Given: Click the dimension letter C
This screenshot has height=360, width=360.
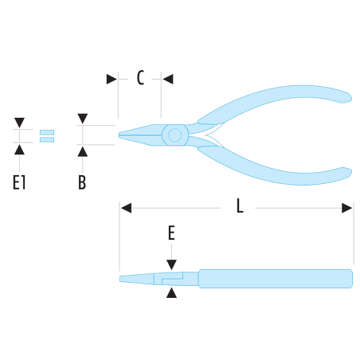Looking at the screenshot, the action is [140, 78].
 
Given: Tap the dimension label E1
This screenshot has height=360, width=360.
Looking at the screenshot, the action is [19, 182].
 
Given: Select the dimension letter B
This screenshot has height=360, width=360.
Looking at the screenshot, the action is [82, 182].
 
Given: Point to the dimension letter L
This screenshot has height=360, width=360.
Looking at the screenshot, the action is [240, 206].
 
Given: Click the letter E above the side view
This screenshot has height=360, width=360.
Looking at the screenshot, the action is [171, 233].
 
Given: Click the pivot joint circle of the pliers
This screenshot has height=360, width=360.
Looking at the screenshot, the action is [174, 135].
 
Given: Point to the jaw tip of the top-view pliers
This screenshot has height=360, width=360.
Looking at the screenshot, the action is [119, 135].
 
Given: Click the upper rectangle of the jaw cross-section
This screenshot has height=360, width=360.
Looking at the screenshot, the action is [47, 132].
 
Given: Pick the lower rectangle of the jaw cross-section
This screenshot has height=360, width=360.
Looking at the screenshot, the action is [47, 139].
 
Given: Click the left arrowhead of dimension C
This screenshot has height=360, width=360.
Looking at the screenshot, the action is [112, 79].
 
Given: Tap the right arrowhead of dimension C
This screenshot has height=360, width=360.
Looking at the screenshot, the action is [168, 79].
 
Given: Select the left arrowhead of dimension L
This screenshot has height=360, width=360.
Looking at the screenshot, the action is [126, 208].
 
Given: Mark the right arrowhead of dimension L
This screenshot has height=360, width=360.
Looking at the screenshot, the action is [347, 208].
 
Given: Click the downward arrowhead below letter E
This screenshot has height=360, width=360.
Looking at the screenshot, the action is [171, 265].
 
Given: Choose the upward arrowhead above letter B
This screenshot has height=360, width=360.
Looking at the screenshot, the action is [83, 151].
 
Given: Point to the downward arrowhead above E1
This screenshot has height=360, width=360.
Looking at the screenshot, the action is [19, 123].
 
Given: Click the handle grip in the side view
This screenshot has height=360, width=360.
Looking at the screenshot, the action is [276, 279].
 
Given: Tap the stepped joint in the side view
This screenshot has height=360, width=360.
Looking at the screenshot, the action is [172, 279].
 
